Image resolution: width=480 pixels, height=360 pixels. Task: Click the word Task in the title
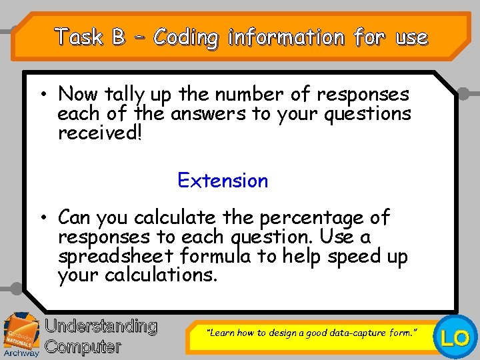[x=79, y=37]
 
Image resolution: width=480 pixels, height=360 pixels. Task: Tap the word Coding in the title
[x=185, y=37]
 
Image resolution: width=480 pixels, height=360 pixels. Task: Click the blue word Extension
[x=223, y=181]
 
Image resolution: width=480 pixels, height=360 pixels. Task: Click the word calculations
[x=161, y=275]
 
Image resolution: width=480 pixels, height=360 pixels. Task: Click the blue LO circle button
[x=456, y=338]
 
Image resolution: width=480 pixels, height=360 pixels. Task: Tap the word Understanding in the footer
[x=101, y=327]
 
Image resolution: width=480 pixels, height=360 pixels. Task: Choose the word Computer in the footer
[x=83, y=347]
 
